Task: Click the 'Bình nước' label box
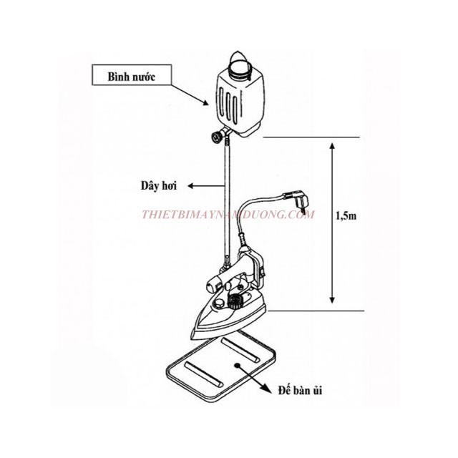pyautogui.click(x=132, y=75)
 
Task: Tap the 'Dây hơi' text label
pyautogui.click(x=159, y=186)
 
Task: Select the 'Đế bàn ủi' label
pyautogui.click(x=301, y=391)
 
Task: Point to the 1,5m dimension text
pyautogui.click(x=346, y=216)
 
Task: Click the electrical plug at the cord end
pyautogui.click(x=297, y=200)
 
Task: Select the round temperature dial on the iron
pyautogui.click(x=235, y=301)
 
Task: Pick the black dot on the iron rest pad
pyautogui.click(x=238, y=365)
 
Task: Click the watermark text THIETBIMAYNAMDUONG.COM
pyautogui.click(x=228, y=215)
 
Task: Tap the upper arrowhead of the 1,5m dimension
pyautogui.click(x=332, y=146)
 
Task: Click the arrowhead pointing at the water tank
pyautogui.click(x=205, y=102)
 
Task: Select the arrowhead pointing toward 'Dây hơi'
pyautogui.click(x=191, y=186)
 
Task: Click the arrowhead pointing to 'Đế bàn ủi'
pyautogui.click(x=264, y=387)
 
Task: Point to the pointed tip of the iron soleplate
pyautogui.click(x=191, y=336)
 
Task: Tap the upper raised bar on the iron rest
pyautogui.click(x=240, y=350)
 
